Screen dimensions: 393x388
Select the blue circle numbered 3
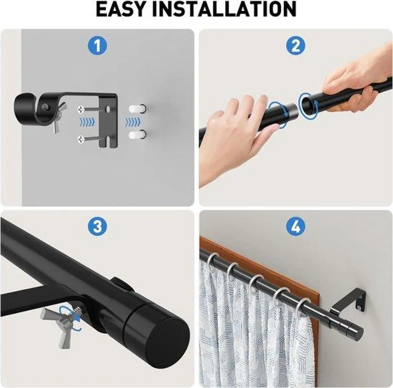pyautogui.click(x=97, y=226)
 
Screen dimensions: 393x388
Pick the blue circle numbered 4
pyautogui.click(x=296, y=226)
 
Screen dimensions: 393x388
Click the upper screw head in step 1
pyautogui.click(x=81, y=109)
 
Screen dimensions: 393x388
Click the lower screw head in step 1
pyautogui.click(x=81, y=138)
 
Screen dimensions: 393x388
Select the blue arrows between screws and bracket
pyautogui.click(x=87, y=122)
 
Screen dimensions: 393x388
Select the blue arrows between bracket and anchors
pyautogui.click(x=132, y=122)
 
